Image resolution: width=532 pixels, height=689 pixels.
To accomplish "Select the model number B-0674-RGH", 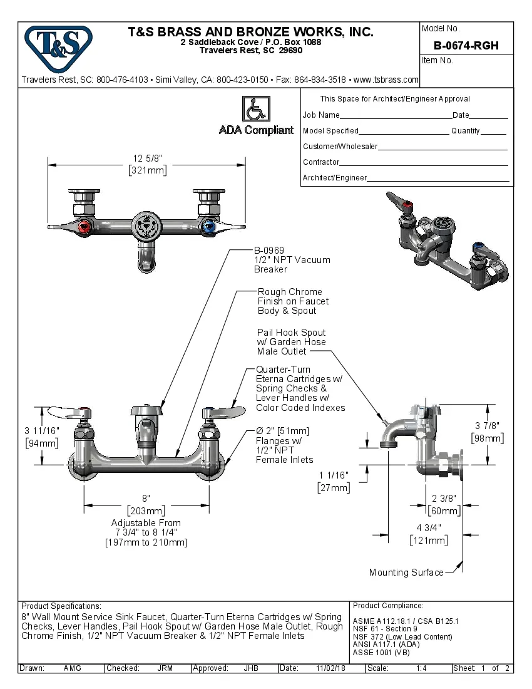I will (x=466, y=46).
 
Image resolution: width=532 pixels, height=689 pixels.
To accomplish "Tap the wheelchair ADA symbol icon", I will (x=255, y=110).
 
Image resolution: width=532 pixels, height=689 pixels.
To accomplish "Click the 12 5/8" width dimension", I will (x=147, y=159).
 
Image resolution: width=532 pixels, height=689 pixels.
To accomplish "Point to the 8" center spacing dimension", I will (x=146, y=499).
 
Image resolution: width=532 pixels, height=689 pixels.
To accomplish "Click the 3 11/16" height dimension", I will (x=41, y=430).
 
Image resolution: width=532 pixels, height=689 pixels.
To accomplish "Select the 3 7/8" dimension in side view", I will (x=488, y=427).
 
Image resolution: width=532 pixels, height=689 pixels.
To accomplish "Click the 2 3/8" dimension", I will (x=444, y=498).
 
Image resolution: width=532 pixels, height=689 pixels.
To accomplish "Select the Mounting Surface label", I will (x=406, y=572).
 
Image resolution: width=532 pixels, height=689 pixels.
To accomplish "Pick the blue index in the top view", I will (x=210, y=227).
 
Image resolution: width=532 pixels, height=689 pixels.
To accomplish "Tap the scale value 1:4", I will (x=421, y=668).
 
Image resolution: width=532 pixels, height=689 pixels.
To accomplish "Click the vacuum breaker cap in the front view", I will (x=147, y=410).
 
